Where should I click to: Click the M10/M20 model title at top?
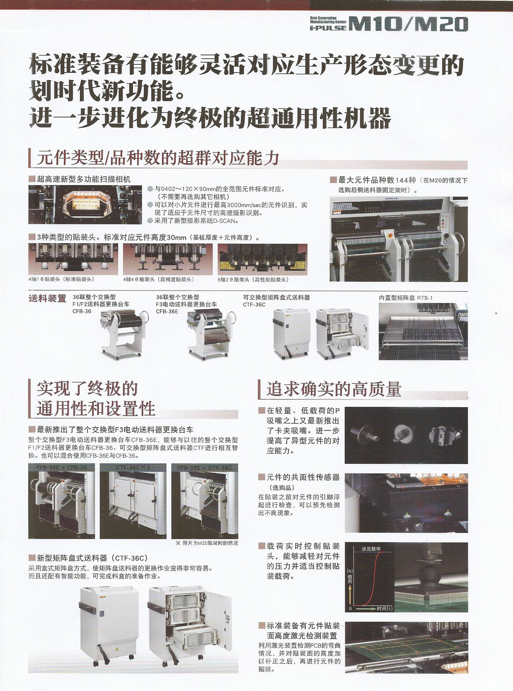pos(408,24)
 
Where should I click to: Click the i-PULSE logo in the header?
pos(328,28)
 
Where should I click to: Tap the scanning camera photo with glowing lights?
pos(85,205)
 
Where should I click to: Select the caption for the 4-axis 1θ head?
pos(61,279)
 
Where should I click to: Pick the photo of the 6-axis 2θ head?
pos(262,259)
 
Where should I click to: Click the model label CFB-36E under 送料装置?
pos(167,311)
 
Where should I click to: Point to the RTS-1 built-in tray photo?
pos(423,331)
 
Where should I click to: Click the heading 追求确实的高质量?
pos(334,389)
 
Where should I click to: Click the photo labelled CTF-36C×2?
pos(133,501)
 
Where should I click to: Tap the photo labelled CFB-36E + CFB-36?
pos(61,501)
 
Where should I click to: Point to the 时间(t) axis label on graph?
pos(385,609)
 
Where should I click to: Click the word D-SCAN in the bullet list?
pos(226,221)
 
